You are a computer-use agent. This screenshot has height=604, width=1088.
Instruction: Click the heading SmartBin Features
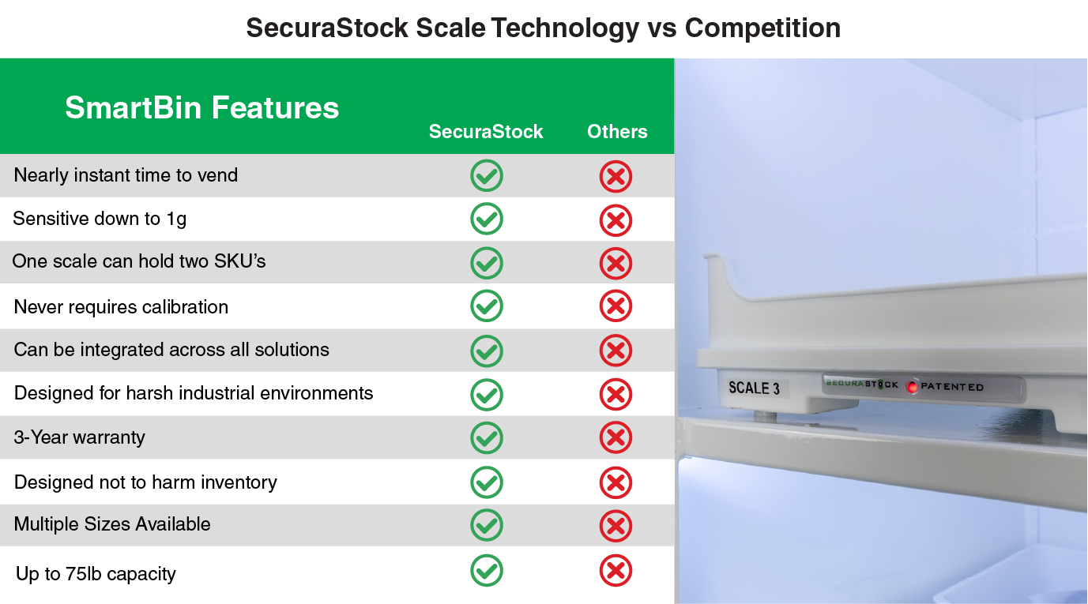[201, 107]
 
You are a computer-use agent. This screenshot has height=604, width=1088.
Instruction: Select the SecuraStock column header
[486, 132]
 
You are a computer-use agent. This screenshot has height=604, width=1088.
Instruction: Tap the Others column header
[617, 132]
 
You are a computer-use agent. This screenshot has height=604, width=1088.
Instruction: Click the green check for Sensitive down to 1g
[487, 219]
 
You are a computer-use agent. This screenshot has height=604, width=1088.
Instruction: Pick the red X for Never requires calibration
[616, 306]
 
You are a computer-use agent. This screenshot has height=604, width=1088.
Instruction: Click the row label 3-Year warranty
[80, 437]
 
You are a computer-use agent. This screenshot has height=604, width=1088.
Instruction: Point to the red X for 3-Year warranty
[616, 437]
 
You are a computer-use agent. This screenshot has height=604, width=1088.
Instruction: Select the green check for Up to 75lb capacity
[487, 570]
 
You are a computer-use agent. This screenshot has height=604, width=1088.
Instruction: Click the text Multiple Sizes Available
[112, 524]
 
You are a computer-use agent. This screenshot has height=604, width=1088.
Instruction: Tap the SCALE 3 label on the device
[754, 388]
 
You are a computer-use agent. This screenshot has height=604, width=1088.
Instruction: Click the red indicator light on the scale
[912, 387]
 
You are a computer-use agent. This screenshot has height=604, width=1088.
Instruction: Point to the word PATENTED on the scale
[952, 387]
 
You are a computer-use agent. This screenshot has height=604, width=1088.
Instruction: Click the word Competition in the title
[762, 28]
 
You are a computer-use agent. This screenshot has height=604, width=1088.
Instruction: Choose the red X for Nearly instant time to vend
[616, 176]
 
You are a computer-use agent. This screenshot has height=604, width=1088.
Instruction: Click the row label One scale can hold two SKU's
[139, 261]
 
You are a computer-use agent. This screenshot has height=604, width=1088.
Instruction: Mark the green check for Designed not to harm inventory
[487, 482]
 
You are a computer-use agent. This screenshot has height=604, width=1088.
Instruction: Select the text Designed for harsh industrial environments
[194, 393]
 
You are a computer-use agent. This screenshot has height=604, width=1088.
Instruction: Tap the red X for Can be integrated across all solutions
[616, 350]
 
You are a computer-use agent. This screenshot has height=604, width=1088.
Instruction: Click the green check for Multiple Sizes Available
[487, 525]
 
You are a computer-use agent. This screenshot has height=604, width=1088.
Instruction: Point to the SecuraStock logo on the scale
[862, 385]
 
